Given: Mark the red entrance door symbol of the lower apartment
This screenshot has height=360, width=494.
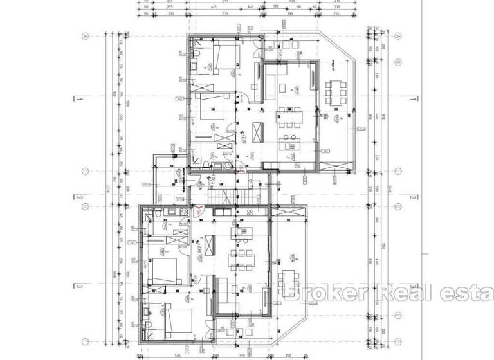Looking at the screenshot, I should coord(200,210).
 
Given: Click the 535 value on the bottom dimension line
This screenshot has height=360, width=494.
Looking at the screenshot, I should coord(175,354).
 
